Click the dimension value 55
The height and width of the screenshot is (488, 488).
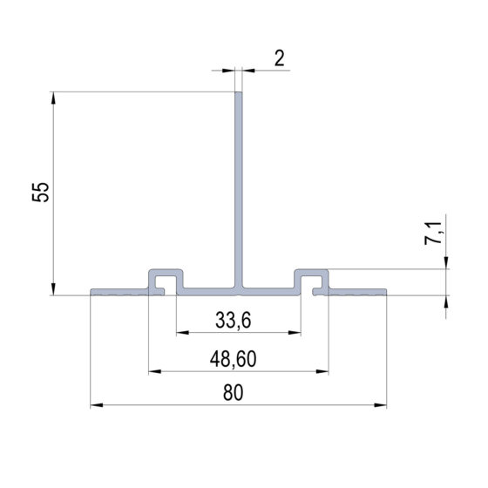[41, 192]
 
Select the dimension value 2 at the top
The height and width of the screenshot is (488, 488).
[279, 58]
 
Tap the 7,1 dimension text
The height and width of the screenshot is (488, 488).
[433, 234]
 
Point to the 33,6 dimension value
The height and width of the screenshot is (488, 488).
[234, 321]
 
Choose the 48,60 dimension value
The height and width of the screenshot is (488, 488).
[234, 359]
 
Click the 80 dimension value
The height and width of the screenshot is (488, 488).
[234, 393]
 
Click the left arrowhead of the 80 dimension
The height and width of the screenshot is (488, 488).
[97, 405]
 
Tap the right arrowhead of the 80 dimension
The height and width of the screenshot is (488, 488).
[380, 405]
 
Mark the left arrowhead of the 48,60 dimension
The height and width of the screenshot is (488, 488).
[155, 371]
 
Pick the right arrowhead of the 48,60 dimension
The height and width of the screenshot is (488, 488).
[322, 371]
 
